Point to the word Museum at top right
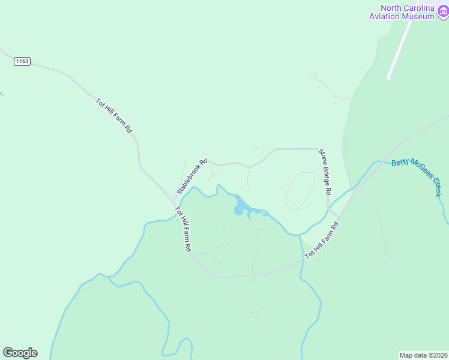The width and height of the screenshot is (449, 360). point(419,17)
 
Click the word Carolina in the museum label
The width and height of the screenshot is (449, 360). point(420,8)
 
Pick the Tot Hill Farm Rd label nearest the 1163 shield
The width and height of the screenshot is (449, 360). point(114,115)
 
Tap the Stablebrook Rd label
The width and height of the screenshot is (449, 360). point(191,176)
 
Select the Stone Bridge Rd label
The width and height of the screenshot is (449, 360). point(325,172)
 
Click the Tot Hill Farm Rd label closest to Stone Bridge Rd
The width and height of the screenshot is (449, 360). point(322,241)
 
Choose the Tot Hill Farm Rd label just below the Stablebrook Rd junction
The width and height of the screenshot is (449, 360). point(183,229)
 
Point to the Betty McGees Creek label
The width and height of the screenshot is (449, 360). point(417,177)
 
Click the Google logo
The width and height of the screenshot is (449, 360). point(20,353)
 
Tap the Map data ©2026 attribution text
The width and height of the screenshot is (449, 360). point(423,355)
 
